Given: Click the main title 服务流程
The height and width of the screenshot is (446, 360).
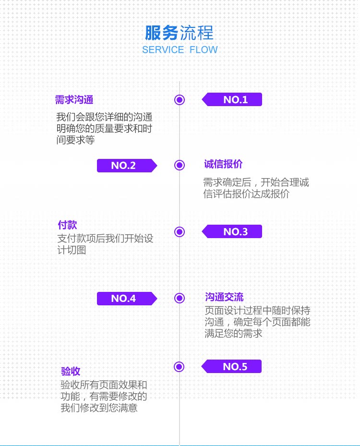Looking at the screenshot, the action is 179,33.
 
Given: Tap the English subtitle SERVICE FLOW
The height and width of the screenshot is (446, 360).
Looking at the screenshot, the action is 180,50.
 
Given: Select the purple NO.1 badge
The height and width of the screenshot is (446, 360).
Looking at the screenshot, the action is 232,99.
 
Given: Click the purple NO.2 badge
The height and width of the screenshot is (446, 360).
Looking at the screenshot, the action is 127,166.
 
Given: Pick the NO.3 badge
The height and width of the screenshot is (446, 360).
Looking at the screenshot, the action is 232,231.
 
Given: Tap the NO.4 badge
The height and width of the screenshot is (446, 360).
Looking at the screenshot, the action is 127,299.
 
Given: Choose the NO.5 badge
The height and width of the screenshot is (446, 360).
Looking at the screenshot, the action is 231,366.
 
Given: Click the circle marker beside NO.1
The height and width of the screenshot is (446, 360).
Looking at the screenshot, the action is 180,100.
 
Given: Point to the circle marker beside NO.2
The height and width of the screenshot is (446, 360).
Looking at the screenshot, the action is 180,165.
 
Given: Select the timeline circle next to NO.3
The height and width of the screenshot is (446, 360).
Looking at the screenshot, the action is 180,232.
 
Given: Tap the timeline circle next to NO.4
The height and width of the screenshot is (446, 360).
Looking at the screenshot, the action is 180,298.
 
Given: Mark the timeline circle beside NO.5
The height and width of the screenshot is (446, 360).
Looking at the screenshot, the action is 179,367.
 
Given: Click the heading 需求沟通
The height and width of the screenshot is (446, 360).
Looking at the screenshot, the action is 74,100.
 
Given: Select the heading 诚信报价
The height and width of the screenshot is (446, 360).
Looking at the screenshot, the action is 223,164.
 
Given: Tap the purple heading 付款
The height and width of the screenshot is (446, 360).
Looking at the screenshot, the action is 67,225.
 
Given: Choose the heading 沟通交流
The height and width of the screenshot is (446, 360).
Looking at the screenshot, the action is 224,297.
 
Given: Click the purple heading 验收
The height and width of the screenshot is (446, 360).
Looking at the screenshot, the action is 71,371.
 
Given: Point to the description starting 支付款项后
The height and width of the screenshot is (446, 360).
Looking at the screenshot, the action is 105,244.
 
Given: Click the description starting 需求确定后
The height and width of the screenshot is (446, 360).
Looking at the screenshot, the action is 256,188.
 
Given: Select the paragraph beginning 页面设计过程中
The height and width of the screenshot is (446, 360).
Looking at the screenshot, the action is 257,322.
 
